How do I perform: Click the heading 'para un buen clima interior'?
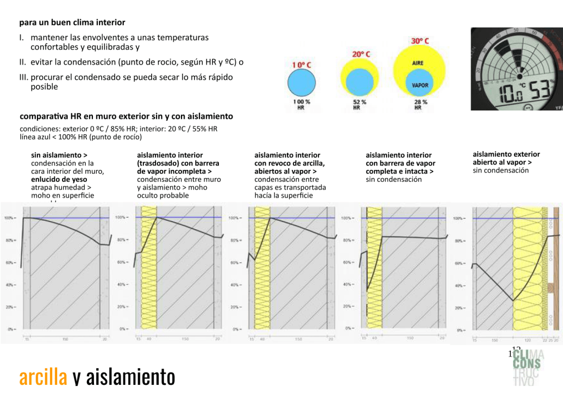click(x=72, y=23)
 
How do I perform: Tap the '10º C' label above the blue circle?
click(x=301, y=65)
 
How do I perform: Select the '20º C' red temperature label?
click(x=361, y=54)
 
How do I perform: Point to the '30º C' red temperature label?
click(x=420, y=41)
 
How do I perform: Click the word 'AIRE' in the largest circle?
click(x=418, y=63)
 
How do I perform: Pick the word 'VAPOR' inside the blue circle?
click(x=420, y=86)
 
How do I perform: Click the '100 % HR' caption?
click(x=301, y=104)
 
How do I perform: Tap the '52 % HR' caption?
click(x=360, y=104)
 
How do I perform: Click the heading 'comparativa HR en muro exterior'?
click(x=126, y=117)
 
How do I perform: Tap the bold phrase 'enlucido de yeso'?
click(x=59, y=179)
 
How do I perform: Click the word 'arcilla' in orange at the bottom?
click(x=43, y=378)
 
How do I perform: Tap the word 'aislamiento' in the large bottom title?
click(x=131, y=378)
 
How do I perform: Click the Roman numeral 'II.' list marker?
click(x=23, y=62)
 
